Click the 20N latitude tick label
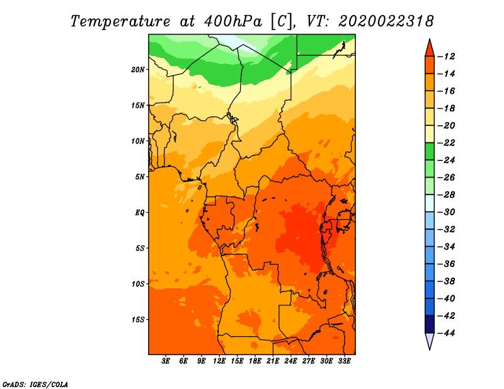click(x=138, y=70)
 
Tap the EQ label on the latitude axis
click(x=140, y=213)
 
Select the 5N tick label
click(x=140, y=177)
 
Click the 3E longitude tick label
click(x=166, y=361)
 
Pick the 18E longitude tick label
click(x=255, y=361)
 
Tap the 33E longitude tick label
click(x=344, y=361)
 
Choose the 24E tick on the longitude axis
click(x=290, y=361)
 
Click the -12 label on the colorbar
click(x=446, y=57)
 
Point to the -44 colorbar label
click(x=446, y=333)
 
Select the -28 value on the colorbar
click(x=446, y=195)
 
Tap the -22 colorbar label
click(x=446, y=143)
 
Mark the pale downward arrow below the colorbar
click(x=430, y=340)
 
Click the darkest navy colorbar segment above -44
click(x=430, y=324)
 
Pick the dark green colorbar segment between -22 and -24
click(x=430, y=152)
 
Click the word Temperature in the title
click(x=120, y=21)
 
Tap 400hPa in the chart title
click(x=233, y=21)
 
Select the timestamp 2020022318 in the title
click(x=386, y=21)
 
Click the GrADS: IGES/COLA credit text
click(x=35, y=384)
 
